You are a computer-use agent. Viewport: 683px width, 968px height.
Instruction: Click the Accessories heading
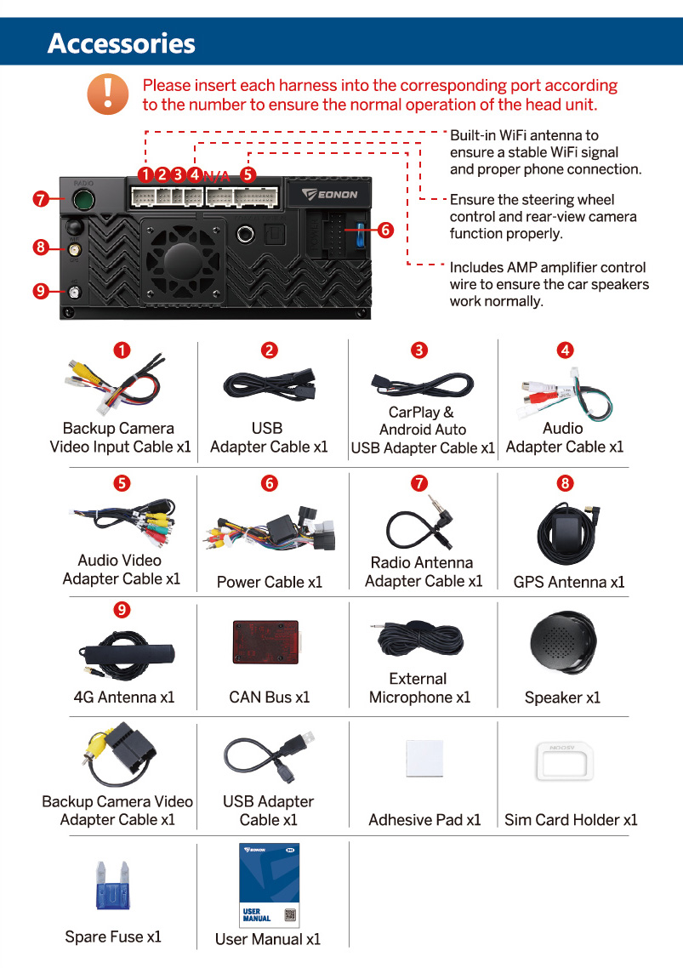[x=121, y=43]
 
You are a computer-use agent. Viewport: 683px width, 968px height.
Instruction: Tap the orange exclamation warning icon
[x=108, y=94]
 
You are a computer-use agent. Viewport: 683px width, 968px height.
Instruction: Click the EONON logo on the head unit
[x=330, y=195]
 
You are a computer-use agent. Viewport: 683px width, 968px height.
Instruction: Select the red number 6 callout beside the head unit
[x=386, y=231]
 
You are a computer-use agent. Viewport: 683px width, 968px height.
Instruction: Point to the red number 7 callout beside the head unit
[x=41, y=199]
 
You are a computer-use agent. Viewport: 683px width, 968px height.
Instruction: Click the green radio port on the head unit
[x=83, y=199]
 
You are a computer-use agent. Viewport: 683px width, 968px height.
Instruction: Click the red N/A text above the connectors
[x=216, y=177]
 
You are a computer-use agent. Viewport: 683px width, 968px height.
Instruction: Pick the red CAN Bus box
[x=266, y=642]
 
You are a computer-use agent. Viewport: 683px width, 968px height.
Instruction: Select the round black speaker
[x=563, y=643]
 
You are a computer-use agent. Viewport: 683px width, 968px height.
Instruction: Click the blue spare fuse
[x=112, y=885]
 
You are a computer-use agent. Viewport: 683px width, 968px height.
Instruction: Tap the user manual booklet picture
[x=270, y=885]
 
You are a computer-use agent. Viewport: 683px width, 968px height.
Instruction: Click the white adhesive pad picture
[x=425, y=758]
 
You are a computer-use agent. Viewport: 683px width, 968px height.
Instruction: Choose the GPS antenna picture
[x=568, y=535]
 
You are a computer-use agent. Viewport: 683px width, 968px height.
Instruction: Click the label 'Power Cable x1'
[x=270, y=582]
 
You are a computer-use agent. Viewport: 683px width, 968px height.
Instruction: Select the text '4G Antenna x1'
[x=124, y=697]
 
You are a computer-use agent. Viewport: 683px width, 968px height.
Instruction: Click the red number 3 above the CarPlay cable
[x=419, y=350]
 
